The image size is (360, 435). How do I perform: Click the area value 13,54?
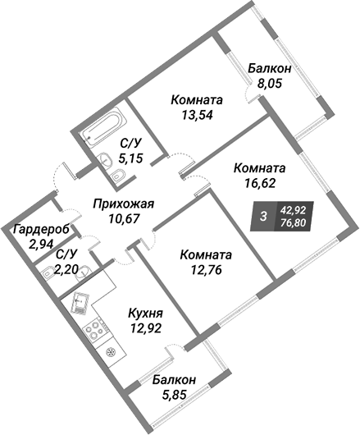click(x=197, y=115)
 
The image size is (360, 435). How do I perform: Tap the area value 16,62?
click(x=260, y=183)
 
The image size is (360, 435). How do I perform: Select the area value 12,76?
click(x=206, y=269)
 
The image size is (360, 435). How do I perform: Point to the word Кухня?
click(x=145, y=314)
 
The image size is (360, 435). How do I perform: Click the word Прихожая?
click(x=123, y=204)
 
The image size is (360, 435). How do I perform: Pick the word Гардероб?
click(x=42, y=230)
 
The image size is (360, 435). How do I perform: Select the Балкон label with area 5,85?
click(x=174, y=380)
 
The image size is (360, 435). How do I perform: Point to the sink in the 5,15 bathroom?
click(x=105, y=159)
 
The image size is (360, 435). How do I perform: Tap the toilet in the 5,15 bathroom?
click(x=118, y=176)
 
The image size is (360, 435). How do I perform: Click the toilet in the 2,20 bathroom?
click(x=47, y=272)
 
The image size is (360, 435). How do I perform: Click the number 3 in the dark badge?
click(x=263, y=216)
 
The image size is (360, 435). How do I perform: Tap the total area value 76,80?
click(x=293, y=222)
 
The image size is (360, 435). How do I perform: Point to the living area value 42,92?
click(x=293, y=210)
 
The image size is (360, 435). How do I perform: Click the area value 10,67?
click(x=123, y=219)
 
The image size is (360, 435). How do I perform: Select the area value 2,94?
click(x=41, y=244)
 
